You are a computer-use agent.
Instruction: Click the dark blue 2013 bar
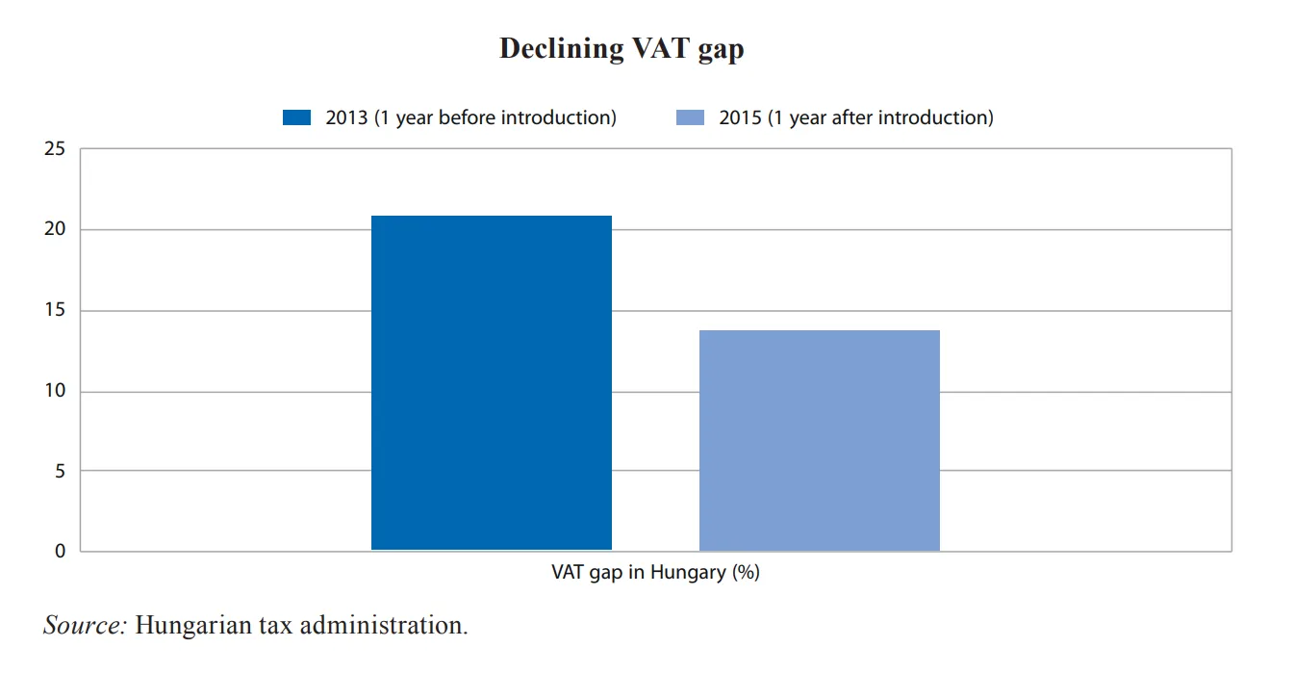click(491, 382)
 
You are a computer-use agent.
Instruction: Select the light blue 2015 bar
click(819, 440)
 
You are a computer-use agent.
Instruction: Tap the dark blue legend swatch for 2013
click(297, 117)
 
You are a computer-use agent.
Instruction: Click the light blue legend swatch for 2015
click(691, 117)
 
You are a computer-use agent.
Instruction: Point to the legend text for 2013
click(470, 117)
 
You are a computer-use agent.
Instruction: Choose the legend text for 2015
click(856, 117)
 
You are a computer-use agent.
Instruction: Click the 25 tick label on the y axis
click(55, 149)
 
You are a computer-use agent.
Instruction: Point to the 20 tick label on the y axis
click(55, 230)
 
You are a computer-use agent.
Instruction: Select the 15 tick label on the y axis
click(55, 311)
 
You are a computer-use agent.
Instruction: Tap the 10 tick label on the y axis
click(55, 392)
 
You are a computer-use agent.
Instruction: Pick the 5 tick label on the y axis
click(60, 472)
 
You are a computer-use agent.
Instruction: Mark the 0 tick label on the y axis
click(60, 552)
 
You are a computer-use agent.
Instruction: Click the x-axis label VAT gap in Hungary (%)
click(655, 572)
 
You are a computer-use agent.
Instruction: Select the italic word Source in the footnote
click(84, 625)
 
